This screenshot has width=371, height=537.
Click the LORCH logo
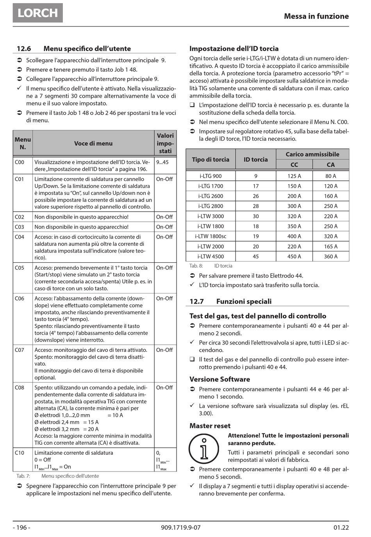coord(37,12)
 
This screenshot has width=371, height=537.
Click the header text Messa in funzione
coord(316,16)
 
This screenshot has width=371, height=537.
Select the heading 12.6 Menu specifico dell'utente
coord(73,49)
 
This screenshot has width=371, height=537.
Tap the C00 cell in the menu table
coord(20,162)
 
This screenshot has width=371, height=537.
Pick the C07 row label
coord(20,350)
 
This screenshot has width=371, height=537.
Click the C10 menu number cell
coord(20,453)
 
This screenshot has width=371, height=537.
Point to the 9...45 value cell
coord(162,162)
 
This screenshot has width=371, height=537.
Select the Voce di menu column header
coord(93,143)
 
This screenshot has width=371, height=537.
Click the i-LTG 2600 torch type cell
coord(210,196)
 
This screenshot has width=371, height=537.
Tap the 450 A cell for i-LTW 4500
coord(294,256)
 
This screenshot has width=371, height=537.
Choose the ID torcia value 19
coord(256,236)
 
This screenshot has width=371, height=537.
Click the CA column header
coord(330,165)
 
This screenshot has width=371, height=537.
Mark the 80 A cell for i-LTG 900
coord(330,176)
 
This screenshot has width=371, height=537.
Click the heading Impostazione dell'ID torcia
coord(234,49)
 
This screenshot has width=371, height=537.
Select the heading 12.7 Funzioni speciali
coord(230,301)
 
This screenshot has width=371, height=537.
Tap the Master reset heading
coord(210,426)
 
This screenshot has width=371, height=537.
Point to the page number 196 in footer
coord(21,528)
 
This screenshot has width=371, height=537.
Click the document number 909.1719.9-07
coord(180,528)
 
